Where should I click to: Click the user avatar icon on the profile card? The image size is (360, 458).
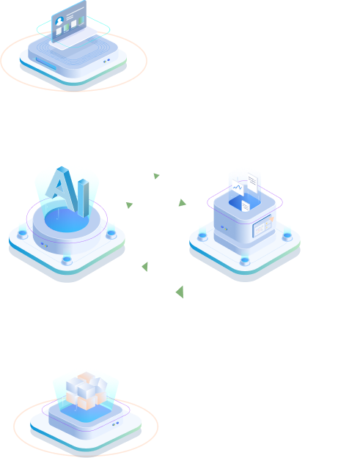tap(59, 21)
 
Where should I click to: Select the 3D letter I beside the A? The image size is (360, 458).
tap(84, 198)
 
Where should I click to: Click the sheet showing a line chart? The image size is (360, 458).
tap(238, 188)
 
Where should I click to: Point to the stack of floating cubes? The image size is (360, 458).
tap(87, 391)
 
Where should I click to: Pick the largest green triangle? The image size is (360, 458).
tap(180, 292)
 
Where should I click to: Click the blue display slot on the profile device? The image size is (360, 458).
tap(46, 64)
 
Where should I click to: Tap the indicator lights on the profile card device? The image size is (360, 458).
tap(106, 61)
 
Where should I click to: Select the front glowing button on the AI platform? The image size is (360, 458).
tap(67, 260)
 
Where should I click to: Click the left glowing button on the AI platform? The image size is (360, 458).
tap(23, 234)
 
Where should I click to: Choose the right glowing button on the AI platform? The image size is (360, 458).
tap(111, 234)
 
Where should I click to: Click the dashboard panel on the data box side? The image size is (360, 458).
tap(262, 226)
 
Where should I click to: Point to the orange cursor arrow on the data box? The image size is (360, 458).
tap(272, 219)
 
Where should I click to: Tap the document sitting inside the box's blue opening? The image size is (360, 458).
tap(246, 206)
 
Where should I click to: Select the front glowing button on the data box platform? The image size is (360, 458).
tap(245, 261)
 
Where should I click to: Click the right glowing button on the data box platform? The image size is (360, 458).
tap(287, 236)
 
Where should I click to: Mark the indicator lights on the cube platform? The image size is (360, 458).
tap(116, 424)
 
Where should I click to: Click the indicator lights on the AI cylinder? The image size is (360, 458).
tap(44, 245)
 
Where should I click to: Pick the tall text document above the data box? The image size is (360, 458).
tap(253, 183)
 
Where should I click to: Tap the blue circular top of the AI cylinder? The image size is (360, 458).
tap(67, 220)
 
